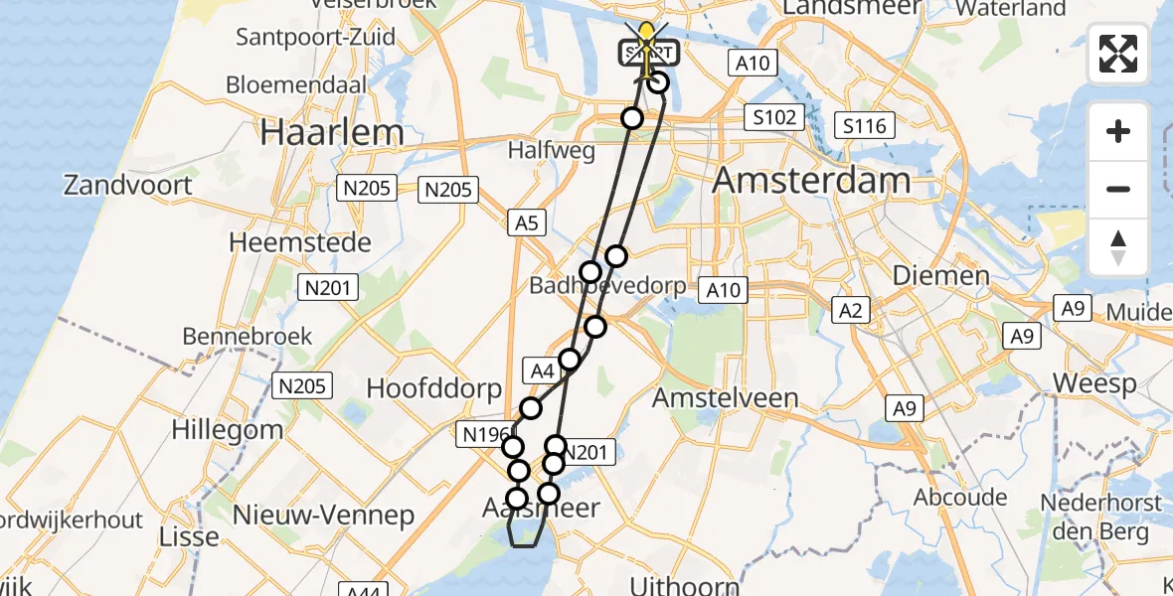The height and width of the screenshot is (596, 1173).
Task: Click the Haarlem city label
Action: [x=332, y=133]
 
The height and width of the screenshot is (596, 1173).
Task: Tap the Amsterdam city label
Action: [x=811, y=181]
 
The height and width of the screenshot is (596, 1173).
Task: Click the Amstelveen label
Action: [x=726, y=398]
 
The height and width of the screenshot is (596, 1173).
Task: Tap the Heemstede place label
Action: [x=299, y=242]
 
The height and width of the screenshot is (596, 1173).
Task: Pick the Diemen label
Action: [x=940, y=275]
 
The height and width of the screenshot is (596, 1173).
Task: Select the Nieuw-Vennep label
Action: [x=323, y=516]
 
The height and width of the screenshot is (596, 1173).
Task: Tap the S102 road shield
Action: [x=774, y=118]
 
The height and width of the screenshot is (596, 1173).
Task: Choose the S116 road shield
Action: [x=864, y=125]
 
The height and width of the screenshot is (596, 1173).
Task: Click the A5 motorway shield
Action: [x=526, y=224]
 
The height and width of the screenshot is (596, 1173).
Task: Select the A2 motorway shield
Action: [x=850, y=311]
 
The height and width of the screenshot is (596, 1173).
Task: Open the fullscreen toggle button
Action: [x=1118, y=54]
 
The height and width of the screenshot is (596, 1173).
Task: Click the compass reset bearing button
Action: [x=1118, y=247]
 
